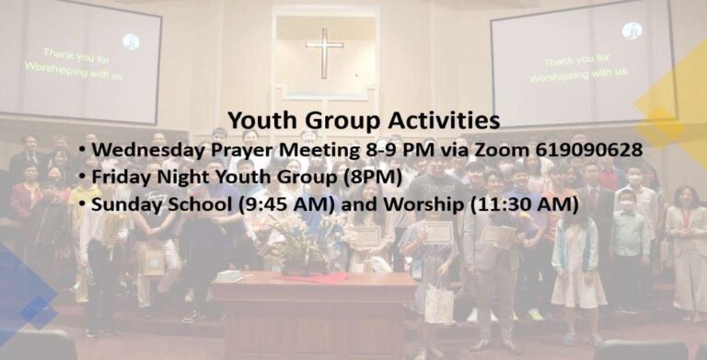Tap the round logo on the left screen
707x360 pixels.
pos(131,41)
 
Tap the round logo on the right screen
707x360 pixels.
pos(632,30)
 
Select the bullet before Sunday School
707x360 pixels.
pos(82,204)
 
